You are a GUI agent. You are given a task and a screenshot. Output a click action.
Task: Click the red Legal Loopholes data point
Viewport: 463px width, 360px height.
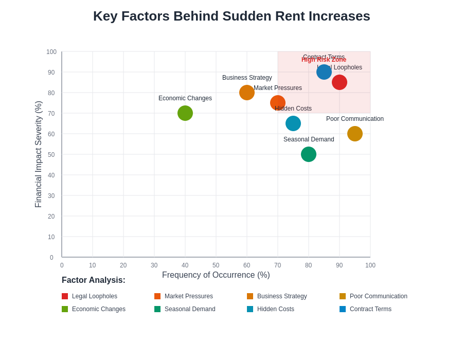tap(340, 82)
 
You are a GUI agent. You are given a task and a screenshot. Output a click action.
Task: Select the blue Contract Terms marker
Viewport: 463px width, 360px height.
tap(324, 72)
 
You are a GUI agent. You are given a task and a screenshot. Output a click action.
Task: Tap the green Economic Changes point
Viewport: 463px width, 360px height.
tap(185, 113)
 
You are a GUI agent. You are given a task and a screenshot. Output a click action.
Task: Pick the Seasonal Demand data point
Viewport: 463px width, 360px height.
tap(309, 154)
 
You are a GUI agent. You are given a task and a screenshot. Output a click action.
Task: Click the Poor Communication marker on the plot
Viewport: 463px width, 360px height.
tap(355, 134)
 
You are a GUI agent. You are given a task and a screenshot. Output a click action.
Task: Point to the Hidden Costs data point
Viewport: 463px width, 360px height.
tap(293, 123)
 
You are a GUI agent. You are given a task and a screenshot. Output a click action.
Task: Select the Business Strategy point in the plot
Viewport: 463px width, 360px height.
tap(247, 93)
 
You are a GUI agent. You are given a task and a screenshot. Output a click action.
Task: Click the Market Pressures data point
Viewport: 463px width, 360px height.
tap(278, 103)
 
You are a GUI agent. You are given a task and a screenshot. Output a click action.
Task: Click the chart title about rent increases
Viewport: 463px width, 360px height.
tap(232, 16)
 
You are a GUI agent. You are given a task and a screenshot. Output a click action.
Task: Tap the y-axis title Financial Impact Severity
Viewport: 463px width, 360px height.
tap(38, 154)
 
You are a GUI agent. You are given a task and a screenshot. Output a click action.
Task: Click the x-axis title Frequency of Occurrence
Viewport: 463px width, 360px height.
tap(216, 275)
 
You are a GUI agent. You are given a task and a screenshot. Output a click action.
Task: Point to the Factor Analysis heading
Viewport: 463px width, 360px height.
tap(94, 280)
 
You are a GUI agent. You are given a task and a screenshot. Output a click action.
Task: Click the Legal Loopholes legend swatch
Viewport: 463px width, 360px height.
tap(65, 296)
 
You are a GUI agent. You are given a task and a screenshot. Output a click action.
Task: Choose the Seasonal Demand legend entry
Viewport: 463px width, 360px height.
tap(190, 309)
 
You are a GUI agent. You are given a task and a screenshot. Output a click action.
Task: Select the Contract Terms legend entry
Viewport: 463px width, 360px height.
tap(370, 309)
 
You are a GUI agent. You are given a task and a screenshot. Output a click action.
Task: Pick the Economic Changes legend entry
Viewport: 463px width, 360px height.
tap(98, 309)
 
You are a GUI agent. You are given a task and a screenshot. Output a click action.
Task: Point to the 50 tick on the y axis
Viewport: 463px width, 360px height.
tap(51, 155)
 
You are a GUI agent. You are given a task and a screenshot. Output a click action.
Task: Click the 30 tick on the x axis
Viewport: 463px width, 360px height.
tap(154, 265)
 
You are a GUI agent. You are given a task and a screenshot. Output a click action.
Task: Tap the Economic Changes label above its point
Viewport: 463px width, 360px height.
tap(185, 98)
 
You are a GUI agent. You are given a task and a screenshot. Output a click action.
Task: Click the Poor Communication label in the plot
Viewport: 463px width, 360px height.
tap(355, 119)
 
